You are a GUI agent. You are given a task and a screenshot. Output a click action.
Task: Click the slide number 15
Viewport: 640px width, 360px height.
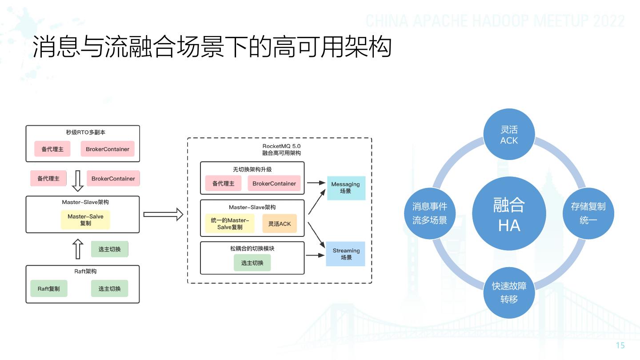click(620, 346)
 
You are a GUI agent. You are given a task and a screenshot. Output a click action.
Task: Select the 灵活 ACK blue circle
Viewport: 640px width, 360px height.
click(509, 135)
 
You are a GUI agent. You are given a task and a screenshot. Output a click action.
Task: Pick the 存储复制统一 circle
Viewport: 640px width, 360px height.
click(588, 213)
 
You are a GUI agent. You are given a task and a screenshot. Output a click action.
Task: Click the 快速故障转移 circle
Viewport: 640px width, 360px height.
click(509, 292)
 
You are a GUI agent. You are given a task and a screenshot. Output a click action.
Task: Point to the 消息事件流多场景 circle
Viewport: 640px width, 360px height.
click(429, 213)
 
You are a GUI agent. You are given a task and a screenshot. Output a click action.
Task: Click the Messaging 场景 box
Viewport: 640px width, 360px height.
click(346, 188)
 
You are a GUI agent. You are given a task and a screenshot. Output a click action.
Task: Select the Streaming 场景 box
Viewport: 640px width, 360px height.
click(346, 254)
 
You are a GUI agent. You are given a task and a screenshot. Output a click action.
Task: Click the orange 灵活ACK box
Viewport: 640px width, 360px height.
click(279, 224)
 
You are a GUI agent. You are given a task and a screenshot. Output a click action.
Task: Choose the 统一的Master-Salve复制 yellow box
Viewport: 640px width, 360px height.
click(230, 224)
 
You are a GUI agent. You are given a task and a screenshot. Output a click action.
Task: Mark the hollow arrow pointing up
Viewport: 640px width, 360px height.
click(78, 249)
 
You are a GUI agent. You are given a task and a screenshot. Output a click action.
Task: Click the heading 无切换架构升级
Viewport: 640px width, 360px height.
click(252, 169)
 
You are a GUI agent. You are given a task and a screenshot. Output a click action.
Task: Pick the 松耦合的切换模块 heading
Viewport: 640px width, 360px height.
click(252, 248)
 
